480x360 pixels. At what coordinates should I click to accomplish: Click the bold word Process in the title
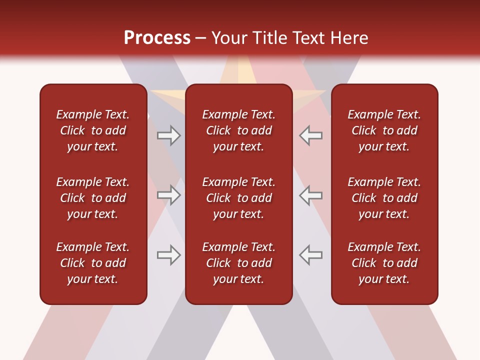[157, 38]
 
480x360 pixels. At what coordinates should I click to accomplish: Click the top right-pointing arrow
[169, 135]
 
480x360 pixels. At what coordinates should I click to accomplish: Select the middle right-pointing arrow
[169, 195]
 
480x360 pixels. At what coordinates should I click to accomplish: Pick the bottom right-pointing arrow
[169, 255]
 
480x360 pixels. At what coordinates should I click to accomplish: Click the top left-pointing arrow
[310, 135]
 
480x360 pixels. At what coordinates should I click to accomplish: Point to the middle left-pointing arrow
[310, 195]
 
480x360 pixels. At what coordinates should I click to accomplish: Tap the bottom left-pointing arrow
[310, 255]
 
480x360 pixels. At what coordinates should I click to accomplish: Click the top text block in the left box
[93, 130]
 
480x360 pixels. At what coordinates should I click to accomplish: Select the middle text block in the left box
[93, 198]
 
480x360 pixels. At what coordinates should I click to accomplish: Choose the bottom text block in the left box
[93, 263]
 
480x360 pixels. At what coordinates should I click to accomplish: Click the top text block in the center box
[238, 130]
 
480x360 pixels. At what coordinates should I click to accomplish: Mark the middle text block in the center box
[238, 198]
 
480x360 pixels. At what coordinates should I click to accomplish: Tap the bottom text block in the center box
[238, 263]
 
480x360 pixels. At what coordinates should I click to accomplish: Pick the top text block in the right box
[384, 130]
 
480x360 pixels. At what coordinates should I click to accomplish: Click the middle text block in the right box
[384, 198]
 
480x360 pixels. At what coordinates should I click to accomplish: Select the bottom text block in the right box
[384, 263]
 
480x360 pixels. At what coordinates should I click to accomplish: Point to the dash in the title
[200, 38]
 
